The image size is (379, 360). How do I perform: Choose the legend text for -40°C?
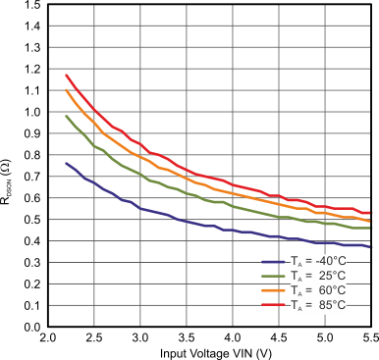(318, 263)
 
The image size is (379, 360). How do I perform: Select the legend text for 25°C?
(318, 278)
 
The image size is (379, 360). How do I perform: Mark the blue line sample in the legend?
(275, 263)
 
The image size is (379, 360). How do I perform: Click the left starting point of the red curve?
(66, 75)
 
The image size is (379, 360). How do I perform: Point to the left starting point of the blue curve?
(66, 163)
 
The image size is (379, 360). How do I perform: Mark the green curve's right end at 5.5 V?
(370, 228)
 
